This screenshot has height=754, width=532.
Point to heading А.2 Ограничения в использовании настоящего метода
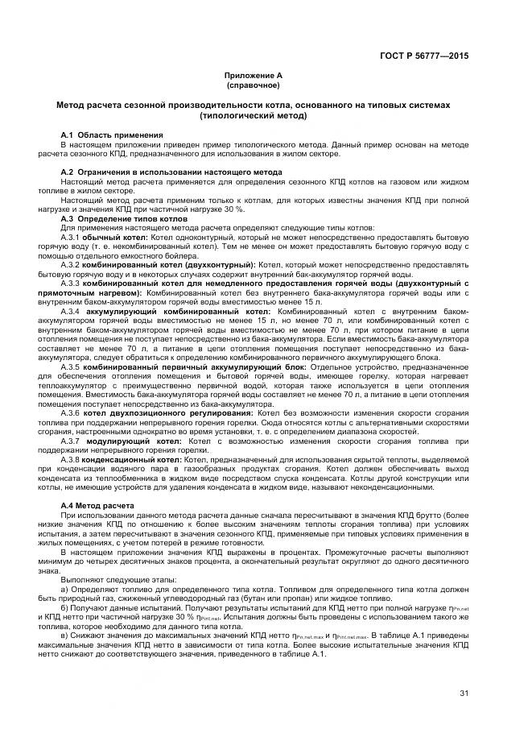(x=171, y=172)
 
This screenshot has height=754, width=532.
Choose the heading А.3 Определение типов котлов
(x=124, y=218)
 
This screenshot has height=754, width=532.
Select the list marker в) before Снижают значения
(x=65, y=636)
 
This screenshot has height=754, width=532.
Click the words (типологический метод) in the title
(x=254, y=115)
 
